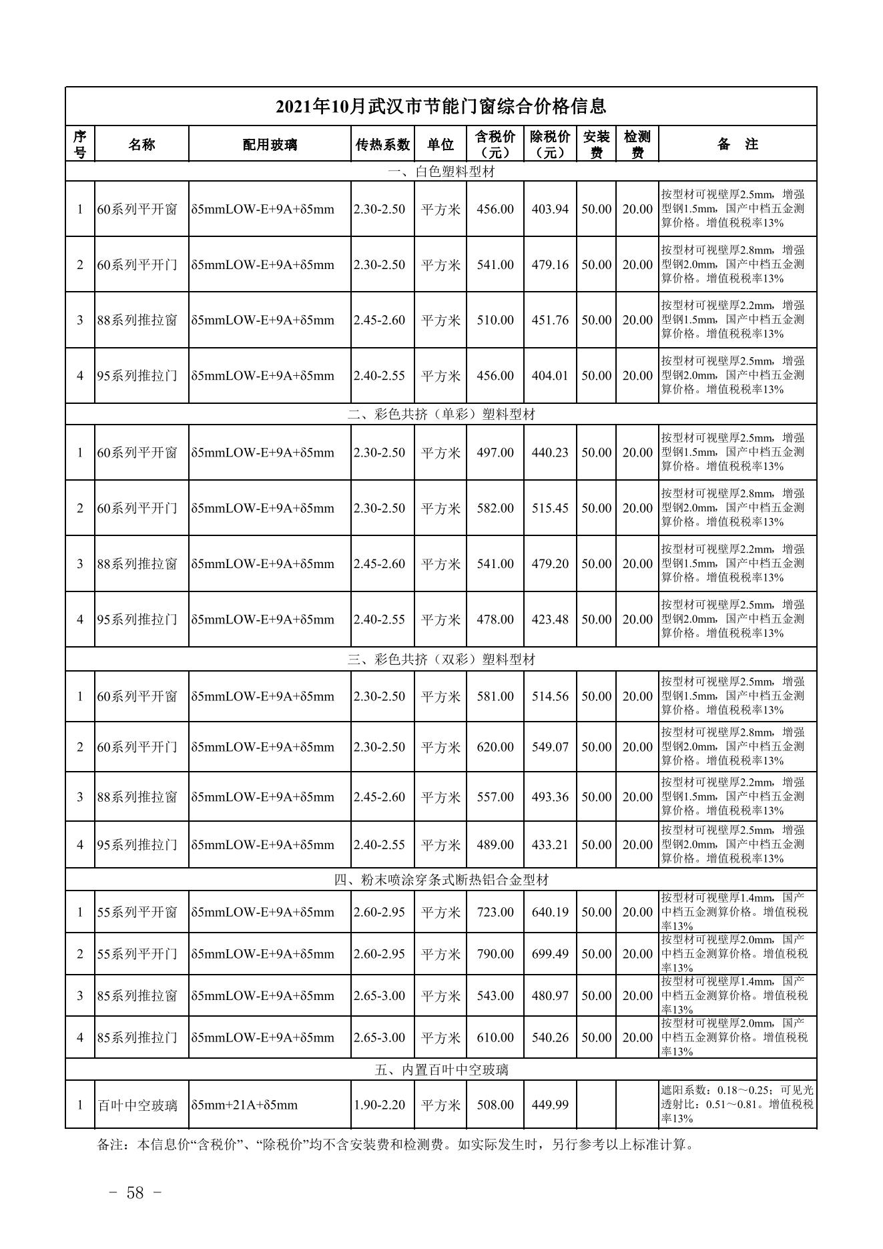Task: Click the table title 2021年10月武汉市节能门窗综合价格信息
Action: pos(440,107)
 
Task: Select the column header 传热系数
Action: pos(382,144)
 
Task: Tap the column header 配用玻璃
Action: pos(270,144)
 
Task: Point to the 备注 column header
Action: pos(737,144)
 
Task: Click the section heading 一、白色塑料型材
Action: pos(441,172)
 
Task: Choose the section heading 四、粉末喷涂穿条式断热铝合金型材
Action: pos(441,880)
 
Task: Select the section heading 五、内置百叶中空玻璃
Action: pos(441,1070)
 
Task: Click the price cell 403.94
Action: pos(550,209)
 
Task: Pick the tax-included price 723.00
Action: pos(495,912)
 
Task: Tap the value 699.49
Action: pos(550,954)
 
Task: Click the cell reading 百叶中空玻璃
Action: pos(137,1105)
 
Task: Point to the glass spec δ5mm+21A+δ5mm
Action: pos(244,1105)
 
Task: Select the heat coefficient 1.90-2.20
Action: pos(379,1105)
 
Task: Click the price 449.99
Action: pos(550,1105)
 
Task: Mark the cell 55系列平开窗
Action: pos(137,912)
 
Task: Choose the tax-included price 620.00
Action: pos(495,747)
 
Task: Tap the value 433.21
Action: pos(550,845)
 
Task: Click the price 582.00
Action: pos(495,508)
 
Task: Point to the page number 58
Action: pos(135,1193)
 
